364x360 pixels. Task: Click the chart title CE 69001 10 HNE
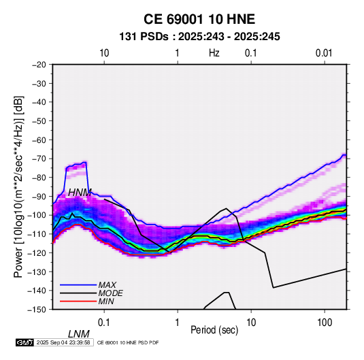(x=199, y=19)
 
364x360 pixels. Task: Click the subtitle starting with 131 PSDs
(x=199, y=37)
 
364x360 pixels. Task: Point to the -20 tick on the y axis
(x=39, y=65)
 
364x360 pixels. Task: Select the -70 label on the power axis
(x=39, y=159)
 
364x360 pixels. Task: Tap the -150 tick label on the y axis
(x=38, y=310)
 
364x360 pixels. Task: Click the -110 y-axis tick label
(x=38, y=234)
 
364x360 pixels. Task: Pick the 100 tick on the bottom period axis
(x=325, y=323)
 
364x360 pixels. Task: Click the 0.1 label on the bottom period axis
(x=103, y=323)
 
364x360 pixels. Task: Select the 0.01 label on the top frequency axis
(x=324, y=53)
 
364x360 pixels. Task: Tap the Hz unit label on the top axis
(x=214, y=53)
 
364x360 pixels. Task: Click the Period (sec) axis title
(x=214, y=330)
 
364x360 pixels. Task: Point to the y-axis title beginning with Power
(x=18, y=186)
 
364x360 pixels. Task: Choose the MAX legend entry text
(x=107, y=285)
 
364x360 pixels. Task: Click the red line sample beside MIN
(x=78, y=301)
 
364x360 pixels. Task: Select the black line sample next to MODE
(x=78, y=293)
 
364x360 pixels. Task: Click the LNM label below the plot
(x=79, y=334)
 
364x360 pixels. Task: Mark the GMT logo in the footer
(x=24, y=342)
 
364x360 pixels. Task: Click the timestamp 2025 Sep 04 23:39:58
(x=63, y=342)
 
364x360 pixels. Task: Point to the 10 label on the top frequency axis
(x=104, y=53)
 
